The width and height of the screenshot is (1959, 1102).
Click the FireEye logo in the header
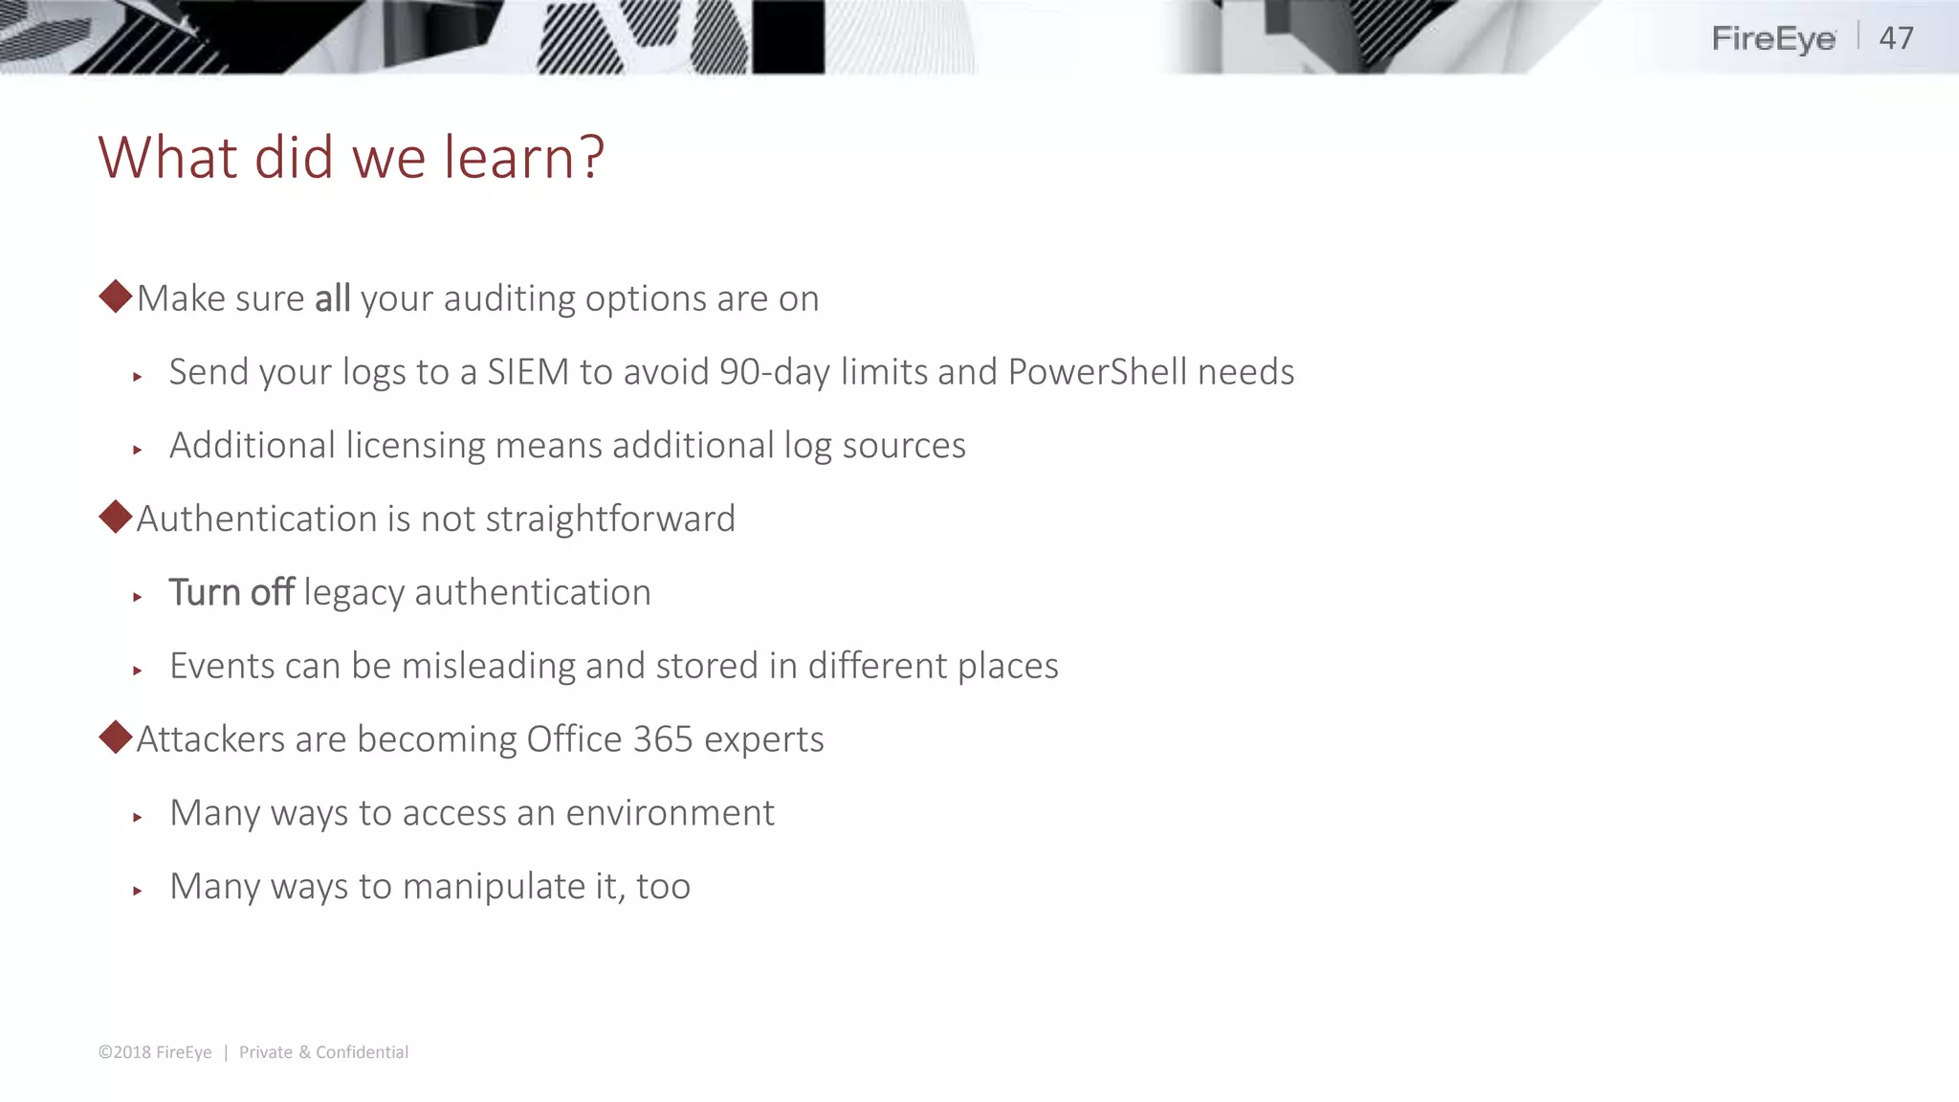(x=1772, y=39)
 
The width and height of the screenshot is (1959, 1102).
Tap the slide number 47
(x=1896, y=38)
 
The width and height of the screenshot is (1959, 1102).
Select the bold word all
(x=332, y=298)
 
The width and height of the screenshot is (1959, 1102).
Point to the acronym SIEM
(x=528, y=372)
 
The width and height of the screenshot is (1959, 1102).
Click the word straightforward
(x=610, y=519)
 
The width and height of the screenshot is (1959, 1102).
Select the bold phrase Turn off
(x=231, y=593)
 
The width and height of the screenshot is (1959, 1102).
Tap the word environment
(x=670, y=813)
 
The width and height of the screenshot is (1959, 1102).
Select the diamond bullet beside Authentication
(x=116, y=518)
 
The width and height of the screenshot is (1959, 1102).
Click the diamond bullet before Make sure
(x=116, y=297)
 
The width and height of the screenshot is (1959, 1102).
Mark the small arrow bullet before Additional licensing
(x=138, y=450)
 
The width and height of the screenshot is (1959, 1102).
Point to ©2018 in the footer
(x=124, y=1052)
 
